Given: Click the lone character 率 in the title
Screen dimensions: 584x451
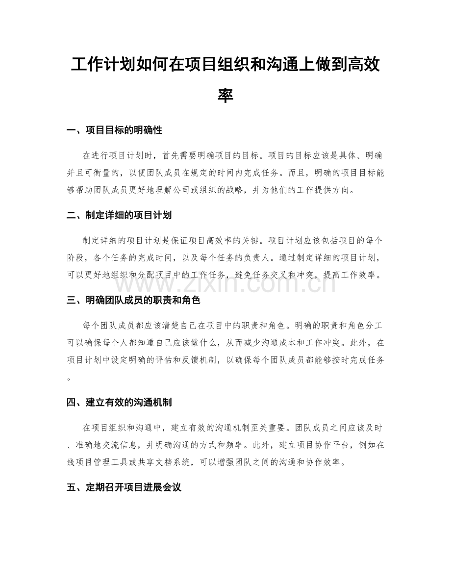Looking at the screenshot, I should click(x=225, y=95).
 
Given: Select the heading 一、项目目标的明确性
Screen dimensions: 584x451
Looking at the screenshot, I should click(x=114, y=130).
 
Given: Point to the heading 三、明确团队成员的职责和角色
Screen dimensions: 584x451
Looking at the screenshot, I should click(x=133, y=300).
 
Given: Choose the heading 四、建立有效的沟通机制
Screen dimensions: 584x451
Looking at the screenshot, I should click(x=119, y=403).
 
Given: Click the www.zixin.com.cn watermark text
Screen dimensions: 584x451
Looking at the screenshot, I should click(x=225, y=282).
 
